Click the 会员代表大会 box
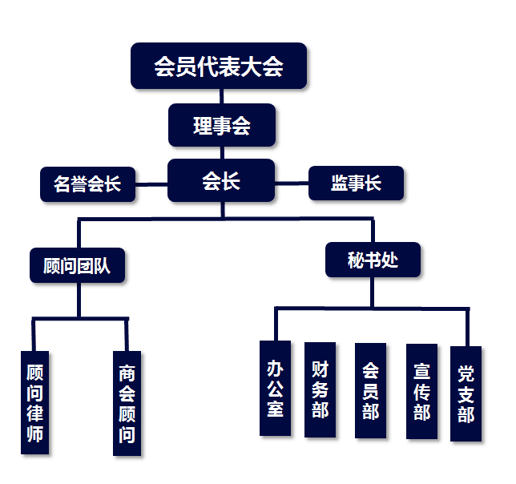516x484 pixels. [219, 66]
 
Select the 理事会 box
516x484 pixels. [222, 126]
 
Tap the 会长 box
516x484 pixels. [221, 181]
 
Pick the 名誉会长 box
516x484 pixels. [87, 184]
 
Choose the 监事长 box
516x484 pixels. [356, 183]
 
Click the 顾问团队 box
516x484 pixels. [78, 265]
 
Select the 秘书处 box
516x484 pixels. [373, 261]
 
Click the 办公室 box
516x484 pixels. [275, 388]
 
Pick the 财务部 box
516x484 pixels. [320, 389]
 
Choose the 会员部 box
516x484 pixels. [370, 390]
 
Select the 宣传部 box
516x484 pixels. [421, 391]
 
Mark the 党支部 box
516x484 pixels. [466, 393]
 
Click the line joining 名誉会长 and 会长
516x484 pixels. [151, 184]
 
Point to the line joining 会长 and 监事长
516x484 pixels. [292, 183]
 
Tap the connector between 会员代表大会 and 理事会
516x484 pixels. [221, 95]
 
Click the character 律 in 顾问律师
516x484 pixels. [34, 414]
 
